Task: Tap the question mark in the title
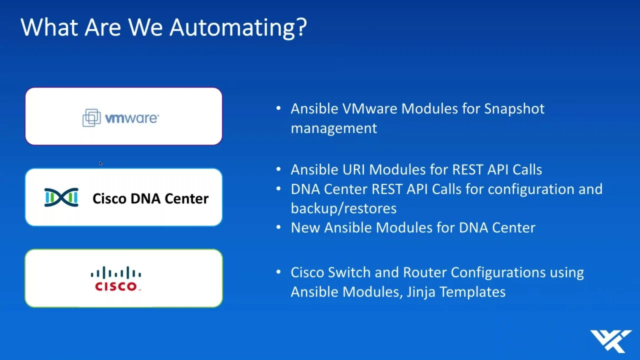(301, 27)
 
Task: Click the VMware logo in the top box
(120, 117)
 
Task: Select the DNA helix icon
(61, 197)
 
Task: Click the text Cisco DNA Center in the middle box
(150, 198)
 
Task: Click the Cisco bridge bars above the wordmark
(115, 272)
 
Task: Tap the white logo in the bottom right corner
(611, 341)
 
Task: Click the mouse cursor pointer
(100, 163)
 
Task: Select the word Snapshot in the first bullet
(514, 109)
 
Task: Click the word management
(333, 128)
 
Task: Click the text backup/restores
(343, 208)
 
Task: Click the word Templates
(472, 292)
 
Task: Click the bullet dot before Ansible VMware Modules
(278, 108)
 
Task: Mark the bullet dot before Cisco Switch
(278, 271)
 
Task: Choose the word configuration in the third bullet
(531, 189)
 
